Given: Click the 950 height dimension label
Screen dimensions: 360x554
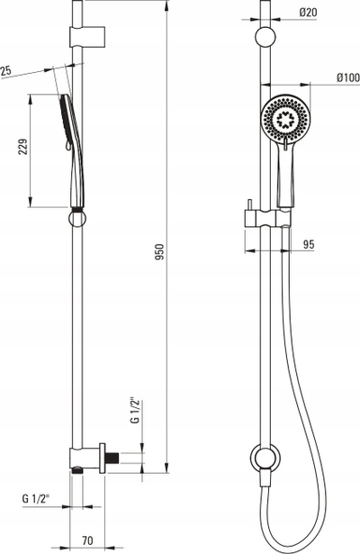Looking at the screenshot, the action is coord(160,251).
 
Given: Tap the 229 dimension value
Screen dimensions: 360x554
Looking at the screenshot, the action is coord(22,146).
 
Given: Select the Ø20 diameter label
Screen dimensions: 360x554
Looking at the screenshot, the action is coord(308,13).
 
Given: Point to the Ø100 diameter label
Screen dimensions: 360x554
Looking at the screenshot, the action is coord(348,77).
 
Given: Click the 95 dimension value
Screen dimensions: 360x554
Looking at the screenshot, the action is coord(309,244).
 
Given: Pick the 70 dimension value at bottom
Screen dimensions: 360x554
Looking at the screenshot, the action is coord(87,540).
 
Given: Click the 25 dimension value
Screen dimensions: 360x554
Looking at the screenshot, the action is coord(5,70).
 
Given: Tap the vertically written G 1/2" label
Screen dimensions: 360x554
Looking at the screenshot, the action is coord(136,411).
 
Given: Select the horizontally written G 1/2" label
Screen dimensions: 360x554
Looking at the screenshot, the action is coord(36,498).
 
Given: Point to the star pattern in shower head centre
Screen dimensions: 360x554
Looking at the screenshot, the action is coord(284,119).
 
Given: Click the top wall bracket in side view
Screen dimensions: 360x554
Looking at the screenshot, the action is coord(87,37).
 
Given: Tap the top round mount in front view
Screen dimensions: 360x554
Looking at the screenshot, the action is coord(265,37).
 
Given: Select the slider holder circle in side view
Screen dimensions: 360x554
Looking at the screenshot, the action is coord(76,218).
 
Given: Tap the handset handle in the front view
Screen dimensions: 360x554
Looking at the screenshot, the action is coord(285,177).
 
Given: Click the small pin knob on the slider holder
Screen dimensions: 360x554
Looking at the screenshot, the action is coord(249,204).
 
